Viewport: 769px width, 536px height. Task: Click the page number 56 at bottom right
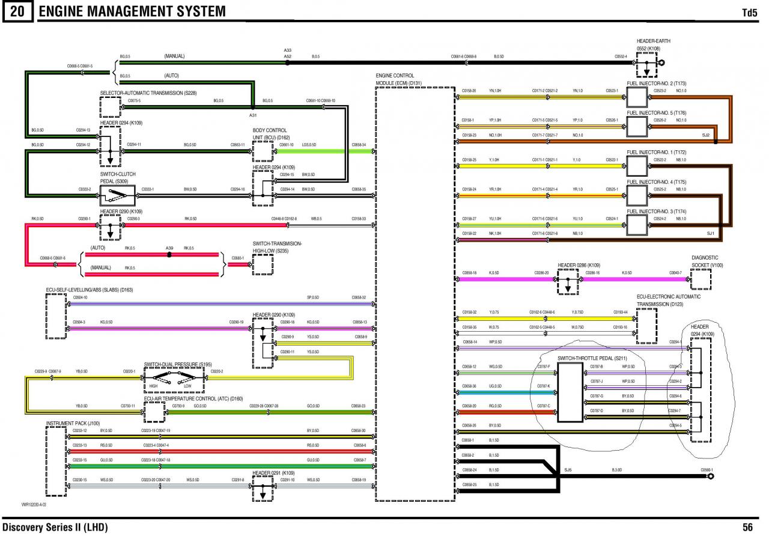[x=747, y=528]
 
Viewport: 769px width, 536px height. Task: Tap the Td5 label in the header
[x=749, y=12]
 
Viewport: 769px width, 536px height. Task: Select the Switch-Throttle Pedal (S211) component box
[x=570, y=392]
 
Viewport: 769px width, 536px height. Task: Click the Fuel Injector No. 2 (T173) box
[x=637, y=96]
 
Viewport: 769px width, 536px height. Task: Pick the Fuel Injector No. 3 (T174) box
[x=637, y=224]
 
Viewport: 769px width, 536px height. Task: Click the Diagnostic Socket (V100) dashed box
[x=700, y=279]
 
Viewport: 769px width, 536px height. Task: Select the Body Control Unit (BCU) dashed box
[x=263, y=151]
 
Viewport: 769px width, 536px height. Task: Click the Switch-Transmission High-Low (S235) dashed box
[x=263, y=264]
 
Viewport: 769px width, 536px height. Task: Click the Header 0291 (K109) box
[x=263, y=489]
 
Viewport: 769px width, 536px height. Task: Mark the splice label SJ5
[x=568, y=469]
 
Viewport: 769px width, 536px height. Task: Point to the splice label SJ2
[x=706, y=135]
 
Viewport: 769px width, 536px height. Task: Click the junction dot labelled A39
[x=169, y=254]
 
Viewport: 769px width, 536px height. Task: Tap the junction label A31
[x=253, y=114]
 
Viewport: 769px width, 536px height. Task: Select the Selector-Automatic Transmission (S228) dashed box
[x=110, y=107]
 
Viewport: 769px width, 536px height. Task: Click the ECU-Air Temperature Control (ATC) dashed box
[x=155, y=412]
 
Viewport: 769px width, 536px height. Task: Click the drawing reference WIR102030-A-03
[x=34, y=505]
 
